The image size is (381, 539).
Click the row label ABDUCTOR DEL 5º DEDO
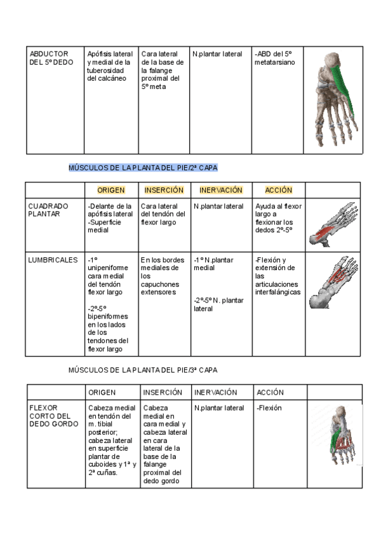tap(51, 58)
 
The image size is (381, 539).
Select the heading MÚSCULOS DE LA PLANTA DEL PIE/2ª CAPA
tap(142, 168)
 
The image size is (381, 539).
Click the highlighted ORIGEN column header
tap(110, 190)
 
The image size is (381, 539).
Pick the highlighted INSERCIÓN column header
tap(164, 190)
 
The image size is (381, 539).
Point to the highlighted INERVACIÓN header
tap(220, 190)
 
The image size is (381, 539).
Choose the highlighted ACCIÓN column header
tap(278, 190)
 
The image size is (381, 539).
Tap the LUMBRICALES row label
tap(53, 260)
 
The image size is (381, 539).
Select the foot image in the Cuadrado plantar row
tap(333, 225)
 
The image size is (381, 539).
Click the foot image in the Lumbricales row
tap(333, 283)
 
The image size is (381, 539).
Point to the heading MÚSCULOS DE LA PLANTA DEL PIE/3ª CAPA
tap(142, 369)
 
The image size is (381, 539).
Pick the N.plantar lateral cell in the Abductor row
tap(218, 54)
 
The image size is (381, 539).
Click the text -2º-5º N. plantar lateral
tap(218, 304)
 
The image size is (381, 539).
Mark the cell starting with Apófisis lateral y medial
tap(110, 66)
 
